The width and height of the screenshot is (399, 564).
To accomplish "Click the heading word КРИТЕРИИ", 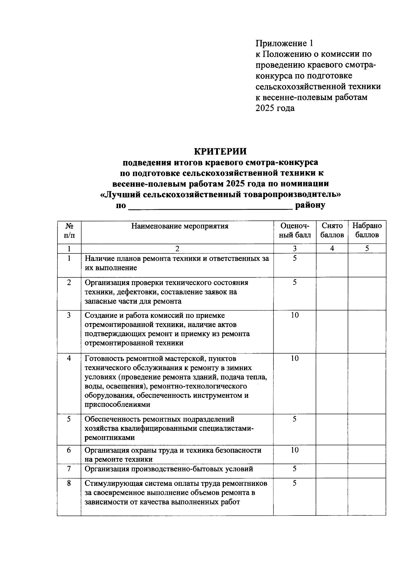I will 220,151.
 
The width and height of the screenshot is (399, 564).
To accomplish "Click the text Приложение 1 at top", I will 284,43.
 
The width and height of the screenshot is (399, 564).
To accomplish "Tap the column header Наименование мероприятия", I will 180,226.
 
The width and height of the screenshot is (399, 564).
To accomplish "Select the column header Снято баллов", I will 332,230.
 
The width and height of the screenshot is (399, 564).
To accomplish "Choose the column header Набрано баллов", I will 367,230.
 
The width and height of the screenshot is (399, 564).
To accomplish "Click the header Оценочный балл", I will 295,230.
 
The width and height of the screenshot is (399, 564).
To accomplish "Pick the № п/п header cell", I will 69,230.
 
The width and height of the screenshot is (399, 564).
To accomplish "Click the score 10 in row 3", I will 295,315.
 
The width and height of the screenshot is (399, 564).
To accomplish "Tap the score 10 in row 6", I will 295,450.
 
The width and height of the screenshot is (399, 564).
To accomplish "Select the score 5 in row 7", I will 295,469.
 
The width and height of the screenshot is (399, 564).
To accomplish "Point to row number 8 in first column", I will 69,483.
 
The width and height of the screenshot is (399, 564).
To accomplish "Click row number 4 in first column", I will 69,358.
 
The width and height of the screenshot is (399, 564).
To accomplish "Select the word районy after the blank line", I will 310,205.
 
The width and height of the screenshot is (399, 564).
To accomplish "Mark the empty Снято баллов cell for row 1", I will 332,265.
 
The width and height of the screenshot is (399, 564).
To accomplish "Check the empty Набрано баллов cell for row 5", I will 367,429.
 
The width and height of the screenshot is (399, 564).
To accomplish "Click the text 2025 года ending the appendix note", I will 275,108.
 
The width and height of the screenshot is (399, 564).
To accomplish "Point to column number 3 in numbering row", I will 295,248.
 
